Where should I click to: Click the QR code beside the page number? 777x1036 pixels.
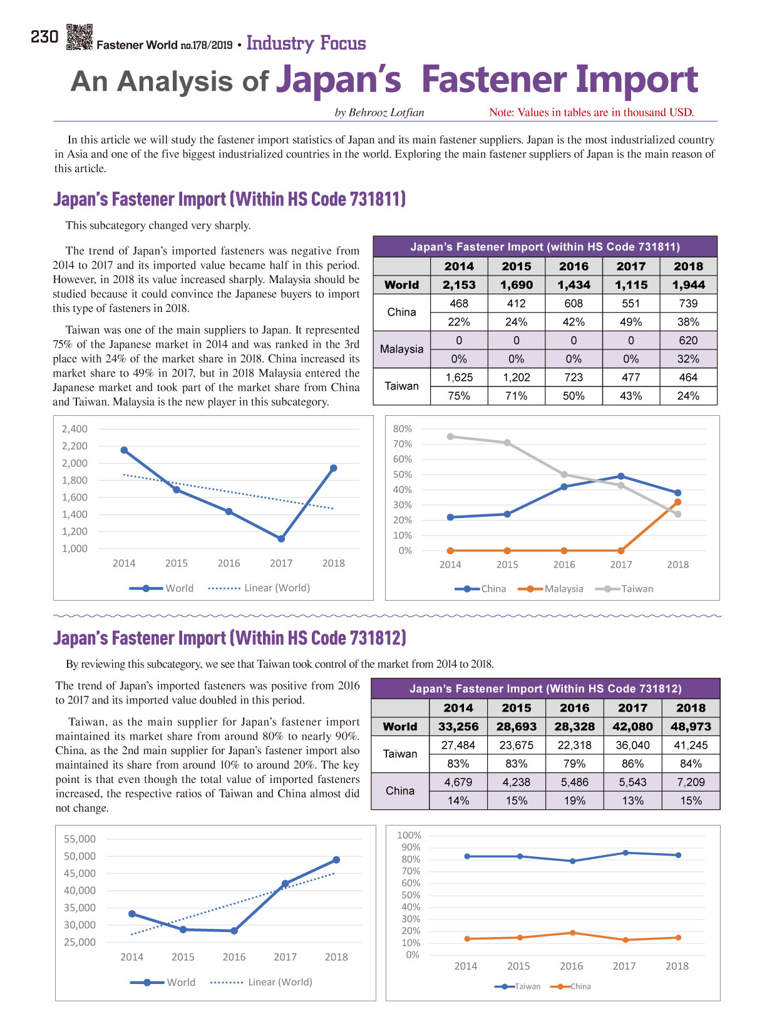point(80,38)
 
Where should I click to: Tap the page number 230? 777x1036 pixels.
point(44,37)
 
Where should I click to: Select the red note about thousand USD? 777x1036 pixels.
point(591,112)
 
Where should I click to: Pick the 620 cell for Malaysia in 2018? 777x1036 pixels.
point(688,340)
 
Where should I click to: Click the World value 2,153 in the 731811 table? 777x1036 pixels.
point(458,284)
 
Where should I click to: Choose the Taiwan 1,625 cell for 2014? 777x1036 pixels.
point(458,377)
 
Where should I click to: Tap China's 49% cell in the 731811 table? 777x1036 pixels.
point(630,322)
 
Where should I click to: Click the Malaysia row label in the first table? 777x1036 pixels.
point(401,350)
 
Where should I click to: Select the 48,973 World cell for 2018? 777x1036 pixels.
point(691,727)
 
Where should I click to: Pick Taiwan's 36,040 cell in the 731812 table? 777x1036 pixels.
point(632,745)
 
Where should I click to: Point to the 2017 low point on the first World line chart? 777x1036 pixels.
point(281,539)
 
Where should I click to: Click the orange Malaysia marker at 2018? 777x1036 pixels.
point(677,502)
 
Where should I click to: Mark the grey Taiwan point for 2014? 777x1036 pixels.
point(450,437)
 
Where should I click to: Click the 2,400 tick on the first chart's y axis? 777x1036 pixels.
point(75,428)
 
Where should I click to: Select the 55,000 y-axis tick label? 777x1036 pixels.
point(80,839)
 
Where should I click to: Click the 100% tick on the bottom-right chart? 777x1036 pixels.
point(409,835)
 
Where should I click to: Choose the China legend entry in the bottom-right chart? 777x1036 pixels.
point(570,986)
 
